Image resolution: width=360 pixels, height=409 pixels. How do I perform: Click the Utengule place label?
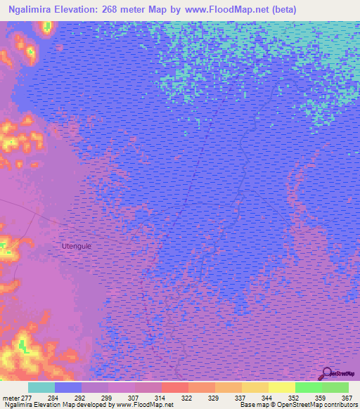tap(77, 247)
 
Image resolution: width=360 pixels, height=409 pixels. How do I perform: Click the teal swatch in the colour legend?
tap(41, 387)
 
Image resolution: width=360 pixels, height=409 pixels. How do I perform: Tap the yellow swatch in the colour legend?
tap(282, 387)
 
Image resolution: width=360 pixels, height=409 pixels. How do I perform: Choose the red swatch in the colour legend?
tap(175, 387)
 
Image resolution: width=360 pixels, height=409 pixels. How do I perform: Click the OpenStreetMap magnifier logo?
tap(326, 373)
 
